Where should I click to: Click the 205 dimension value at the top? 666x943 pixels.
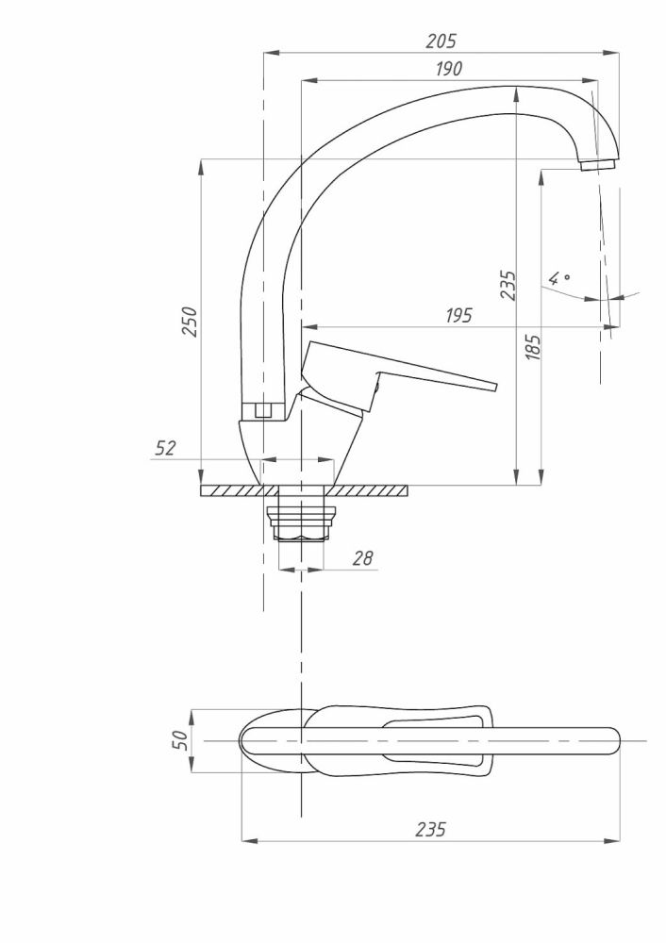coord(441,41)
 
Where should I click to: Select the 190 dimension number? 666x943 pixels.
coord(448,69)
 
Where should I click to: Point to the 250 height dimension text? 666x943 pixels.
coord(191,323)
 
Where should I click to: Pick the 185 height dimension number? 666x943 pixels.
coord(532,350)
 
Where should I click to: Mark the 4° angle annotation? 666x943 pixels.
coord(560,278)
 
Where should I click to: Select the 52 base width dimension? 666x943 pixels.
coord(165,449)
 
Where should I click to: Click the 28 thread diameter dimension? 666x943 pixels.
coord(361,558)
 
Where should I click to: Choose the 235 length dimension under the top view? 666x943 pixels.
coord(430,829)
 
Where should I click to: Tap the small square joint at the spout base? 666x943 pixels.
coord(263,410)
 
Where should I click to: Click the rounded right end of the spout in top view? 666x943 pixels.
coord(610,740)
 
